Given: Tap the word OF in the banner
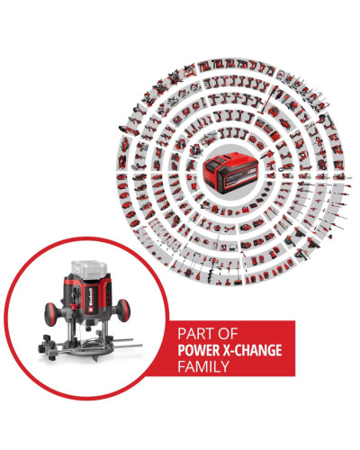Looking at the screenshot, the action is pyautogui.click(x=229, y=334).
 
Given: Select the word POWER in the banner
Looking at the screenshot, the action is pyautogui.click(x=198, y=350).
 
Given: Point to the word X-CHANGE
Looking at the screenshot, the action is pyautogui.click(x=252, y=350).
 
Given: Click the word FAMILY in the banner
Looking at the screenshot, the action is pyautogui.click(x=203, y=366).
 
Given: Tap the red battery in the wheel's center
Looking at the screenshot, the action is pyautogui.click(x=230, y=173).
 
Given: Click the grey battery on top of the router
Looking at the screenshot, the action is pyautogui.click(x=89, y=270).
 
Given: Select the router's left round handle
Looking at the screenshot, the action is pyautogui.click(x=51, y=314).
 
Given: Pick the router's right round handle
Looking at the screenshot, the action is pyautogui.click(x=123, y=310).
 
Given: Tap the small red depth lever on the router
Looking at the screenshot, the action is pyautogui.click(x=72, y=305).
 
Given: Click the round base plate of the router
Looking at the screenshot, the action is pyautogui.click(x=89, y=348).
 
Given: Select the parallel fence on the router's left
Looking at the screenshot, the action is pyautogui.click(x=49, y=348).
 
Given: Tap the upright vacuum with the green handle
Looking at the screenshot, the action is pyautogui.click(x=269, y=99).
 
